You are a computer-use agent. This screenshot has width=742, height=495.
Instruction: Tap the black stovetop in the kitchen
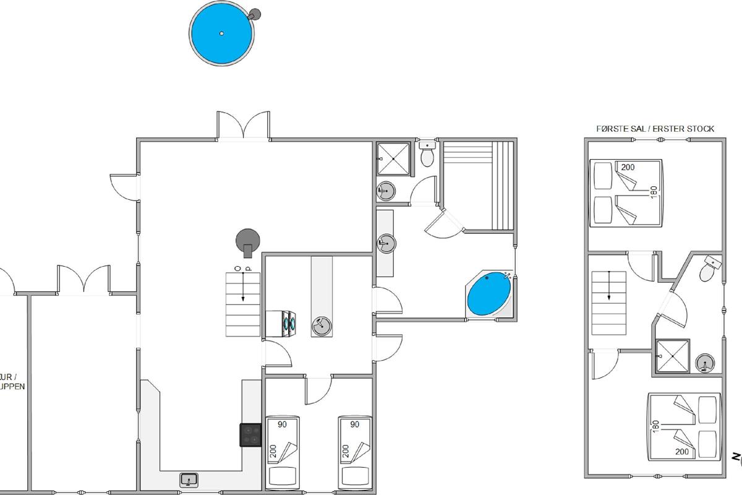click(x=250, y=434)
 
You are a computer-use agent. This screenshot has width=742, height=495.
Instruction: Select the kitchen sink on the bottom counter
click(x=189, y=478)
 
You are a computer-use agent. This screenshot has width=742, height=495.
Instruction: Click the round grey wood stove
click(x=248, y=240)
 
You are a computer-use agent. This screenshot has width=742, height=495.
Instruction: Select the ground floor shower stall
click(x=393, y=158)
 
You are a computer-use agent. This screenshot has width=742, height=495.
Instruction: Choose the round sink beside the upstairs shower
click(x=704, y=364)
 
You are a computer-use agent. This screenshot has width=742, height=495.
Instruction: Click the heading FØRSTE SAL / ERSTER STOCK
click(x=655, y=129)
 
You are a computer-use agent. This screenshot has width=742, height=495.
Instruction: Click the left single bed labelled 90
click(x=283, y=452)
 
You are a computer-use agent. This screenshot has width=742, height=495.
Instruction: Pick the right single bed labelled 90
click(x=354, y=452)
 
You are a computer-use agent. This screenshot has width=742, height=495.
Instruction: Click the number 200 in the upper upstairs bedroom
click(x=628, y=167)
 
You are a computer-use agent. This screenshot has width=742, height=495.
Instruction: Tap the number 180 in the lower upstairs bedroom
click(x=656, y=426)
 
